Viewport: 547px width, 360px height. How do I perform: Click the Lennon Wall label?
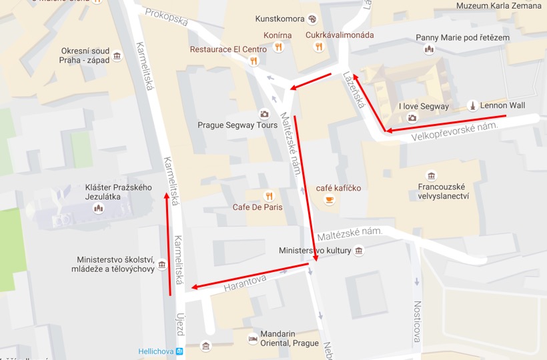pos(504,106)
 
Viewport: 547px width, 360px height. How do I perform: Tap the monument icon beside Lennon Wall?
pos(472,105)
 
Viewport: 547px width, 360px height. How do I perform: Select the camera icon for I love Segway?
pos(412,118)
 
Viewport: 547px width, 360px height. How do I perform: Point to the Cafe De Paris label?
pos(257,207)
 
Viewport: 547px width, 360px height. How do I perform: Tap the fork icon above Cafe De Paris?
pos(269,195)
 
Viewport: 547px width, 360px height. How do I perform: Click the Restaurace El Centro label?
pos(228,49)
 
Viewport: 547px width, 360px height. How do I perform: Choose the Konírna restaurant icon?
pos(279,47)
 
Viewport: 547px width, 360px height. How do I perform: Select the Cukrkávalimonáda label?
pos(340,35)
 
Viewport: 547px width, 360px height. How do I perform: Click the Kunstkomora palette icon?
pos(312,19)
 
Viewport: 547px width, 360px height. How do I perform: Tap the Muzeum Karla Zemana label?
pos(499,6)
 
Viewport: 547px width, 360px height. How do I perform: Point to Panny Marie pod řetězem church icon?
pos(429,49)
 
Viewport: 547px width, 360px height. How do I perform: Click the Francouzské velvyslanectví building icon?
pos(431,176)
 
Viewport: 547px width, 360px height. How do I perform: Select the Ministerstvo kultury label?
pos(316,251)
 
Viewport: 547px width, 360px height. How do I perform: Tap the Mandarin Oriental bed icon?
pos(253,338)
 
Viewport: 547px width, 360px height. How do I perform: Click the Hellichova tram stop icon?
pos(179,351)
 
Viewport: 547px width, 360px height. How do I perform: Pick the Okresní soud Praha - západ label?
pos(85,55)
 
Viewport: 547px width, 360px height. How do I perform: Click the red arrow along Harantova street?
pos(251,276)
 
